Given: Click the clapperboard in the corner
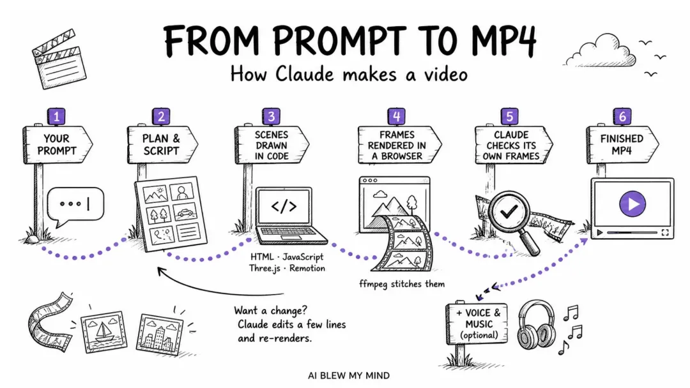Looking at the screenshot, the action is pos(59,59).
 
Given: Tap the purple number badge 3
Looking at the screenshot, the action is pos(271,116).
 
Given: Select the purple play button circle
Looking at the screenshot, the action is pos(632,204).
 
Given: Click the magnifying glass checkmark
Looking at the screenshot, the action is pos(509,213).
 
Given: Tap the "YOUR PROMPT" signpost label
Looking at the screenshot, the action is pos(57,145).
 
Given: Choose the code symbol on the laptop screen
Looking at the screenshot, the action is pos(284,206).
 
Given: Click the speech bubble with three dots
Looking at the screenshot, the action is pos(75,205).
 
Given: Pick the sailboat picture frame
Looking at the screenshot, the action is pos(103,331).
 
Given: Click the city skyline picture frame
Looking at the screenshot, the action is pos(160,333).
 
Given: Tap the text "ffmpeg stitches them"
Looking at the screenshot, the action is pos(402,284).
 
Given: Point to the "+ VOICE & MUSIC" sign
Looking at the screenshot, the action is pos(478,324).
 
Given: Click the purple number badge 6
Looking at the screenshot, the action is pos(622,116).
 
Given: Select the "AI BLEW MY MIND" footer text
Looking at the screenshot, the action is pos(349,376).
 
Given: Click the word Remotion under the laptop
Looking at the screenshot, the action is pos(307,268).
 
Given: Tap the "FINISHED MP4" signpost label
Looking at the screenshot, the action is pos(622,145).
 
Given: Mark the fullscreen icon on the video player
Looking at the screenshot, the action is pos(665,232).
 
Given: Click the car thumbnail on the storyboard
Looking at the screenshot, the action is pos(185,213).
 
